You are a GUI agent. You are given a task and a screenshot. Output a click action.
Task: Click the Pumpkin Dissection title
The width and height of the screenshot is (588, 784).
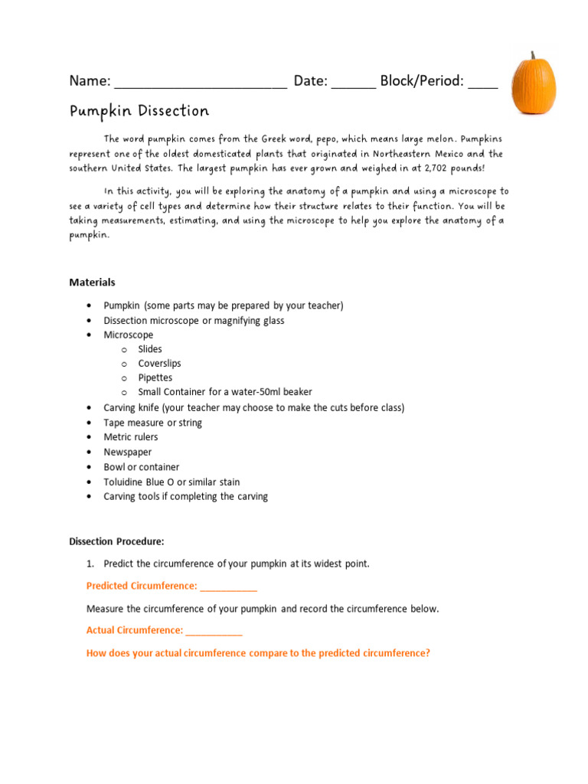[x=139, y=112]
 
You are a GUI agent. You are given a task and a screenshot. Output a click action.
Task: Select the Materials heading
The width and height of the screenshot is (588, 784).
[x=92, y=283]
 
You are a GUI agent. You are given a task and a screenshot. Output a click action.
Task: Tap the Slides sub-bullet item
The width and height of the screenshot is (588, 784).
[x=150, y=349]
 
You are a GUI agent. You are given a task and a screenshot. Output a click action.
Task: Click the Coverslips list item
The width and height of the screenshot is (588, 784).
[x=159, y=364]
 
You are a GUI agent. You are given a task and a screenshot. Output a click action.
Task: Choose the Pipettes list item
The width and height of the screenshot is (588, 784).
[x=155, y=378]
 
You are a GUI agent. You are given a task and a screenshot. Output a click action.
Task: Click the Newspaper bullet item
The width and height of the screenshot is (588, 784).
[x=128, y=452]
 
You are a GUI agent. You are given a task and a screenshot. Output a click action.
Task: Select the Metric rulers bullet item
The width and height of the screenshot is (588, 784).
[x=131, y=437]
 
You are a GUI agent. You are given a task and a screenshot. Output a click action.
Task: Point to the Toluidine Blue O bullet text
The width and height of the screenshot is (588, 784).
[x=171, y=482]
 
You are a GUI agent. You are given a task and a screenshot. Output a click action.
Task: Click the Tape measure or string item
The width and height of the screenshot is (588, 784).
[x=153, y=423]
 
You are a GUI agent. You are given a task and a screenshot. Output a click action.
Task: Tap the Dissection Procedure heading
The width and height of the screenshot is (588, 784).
[x=116, y=541]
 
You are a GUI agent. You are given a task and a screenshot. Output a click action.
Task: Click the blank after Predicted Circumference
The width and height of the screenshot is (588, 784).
[x=228, y=587]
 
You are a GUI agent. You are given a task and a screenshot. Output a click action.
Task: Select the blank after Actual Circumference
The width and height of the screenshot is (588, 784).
[x=214, y=631]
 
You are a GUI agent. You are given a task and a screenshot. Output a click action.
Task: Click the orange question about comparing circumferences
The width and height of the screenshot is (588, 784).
[x=258, y=653]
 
